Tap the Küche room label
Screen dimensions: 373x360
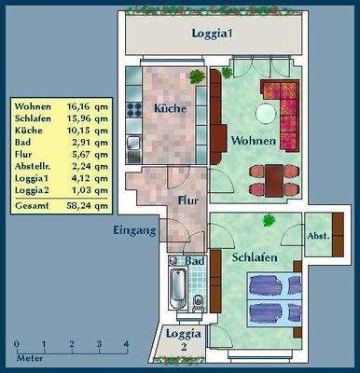coord(170,109)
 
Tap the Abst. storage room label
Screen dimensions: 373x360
coord(318,237)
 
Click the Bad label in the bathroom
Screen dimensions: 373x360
coord(194,262)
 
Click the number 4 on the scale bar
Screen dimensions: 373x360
coord(126,344)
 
